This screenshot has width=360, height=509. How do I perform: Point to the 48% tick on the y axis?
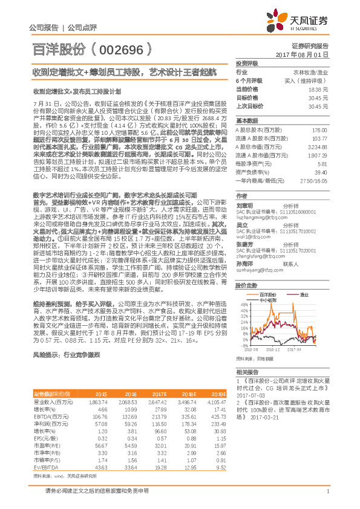[240, 304]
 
